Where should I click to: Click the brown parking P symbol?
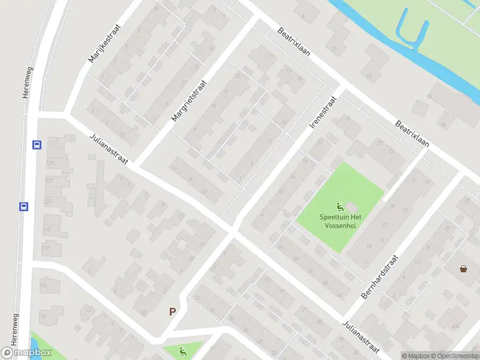tap(173, 311)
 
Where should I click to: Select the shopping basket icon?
tap(464, 269)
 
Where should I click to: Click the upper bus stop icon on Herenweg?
tap(37, 145)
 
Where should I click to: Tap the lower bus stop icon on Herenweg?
tap(24, 206)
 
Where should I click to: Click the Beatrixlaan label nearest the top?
tap(294, 42)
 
